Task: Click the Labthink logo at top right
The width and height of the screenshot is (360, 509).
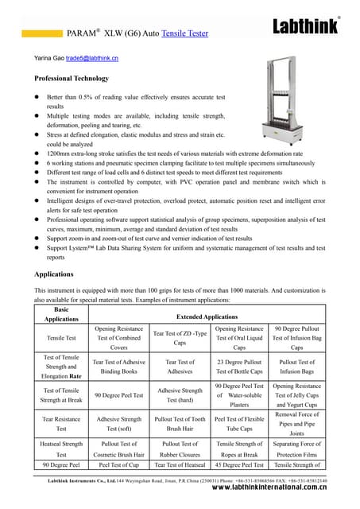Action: (306, 26)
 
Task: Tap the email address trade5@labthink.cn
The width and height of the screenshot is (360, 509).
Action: (91, 59)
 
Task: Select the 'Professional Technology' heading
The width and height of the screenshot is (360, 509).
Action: (72, 79)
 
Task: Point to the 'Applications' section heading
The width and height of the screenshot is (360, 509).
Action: (54, 274)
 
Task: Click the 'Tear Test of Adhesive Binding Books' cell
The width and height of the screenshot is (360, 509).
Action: (118, 366)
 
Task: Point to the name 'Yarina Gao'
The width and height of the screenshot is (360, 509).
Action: (48, 59)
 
